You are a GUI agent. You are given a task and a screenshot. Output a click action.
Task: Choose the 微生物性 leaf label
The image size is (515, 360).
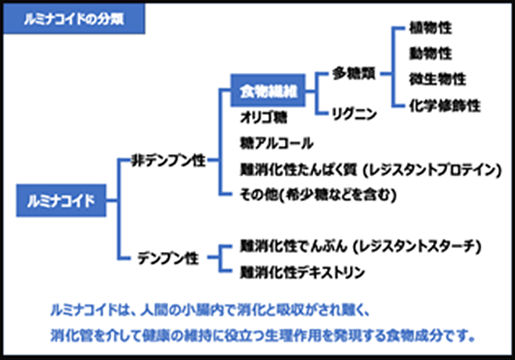tap(437, 79)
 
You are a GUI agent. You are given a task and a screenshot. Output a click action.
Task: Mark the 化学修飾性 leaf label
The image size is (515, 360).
tap(444, 105)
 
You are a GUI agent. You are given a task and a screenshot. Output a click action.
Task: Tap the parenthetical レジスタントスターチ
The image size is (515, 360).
tap(415, 247)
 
